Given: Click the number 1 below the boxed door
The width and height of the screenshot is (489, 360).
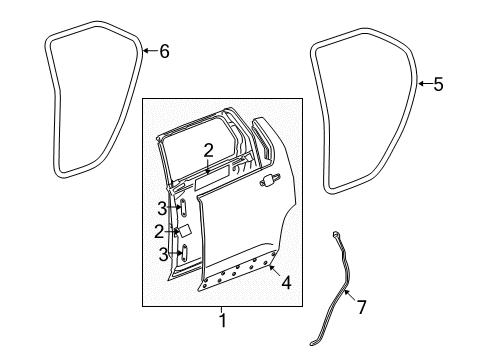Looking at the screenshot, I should pos(222,320).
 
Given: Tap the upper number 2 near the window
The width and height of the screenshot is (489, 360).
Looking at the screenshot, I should pos(207,151).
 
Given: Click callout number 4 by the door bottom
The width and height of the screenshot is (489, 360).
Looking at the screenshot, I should pos(286,283).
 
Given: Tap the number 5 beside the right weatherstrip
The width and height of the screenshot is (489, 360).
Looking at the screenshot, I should pos(438,85).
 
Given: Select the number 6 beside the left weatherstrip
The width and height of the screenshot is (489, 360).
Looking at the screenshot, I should pos(164,51).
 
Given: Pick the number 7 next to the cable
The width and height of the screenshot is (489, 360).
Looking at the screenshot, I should pos(362,307).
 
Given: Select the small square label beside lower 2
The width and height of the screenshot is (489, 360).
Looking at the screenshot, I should pos(186,230).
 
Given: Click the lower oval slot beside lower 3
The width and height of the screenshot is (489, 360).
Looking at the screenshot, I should pos(183,254).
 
